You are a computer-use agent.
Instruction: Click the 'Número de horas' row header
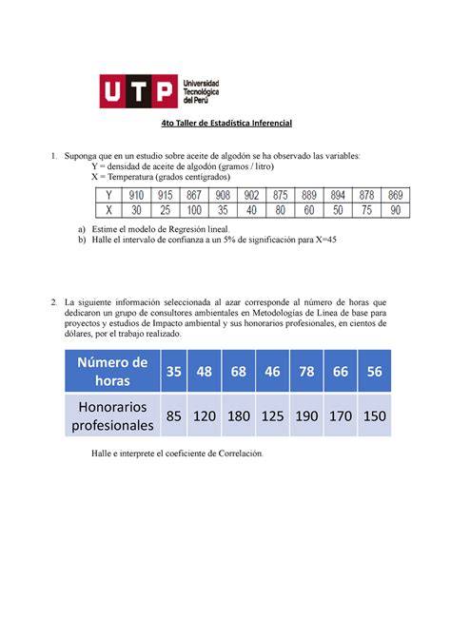pyautogui.click(x=113, y=371)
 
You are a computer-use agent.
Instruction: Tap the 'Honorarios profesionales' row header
pyautogui.click(x=113, y=415)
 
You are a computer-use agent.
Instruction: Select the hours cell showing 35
pyautogui.click(x=173, y=371)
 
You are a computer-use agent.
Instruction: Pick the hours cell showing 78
pyautogui.click(x=309, y=371)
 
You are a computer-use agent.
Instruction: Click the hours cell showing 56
pyautogui.click(x=376, y=371)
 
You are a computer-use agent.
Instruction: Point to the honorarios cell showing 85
pyautogui.click(x=173, y=415)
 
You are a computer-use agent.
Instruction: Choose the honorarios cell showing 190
pyautogui.click(x=309, y=415)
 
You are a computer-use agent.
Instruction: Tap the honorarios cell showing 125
pyautogui.click(x=276, y=415)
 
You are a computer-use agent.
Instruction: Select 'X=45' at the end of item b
pyautogui.click(x=323, y=241)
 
